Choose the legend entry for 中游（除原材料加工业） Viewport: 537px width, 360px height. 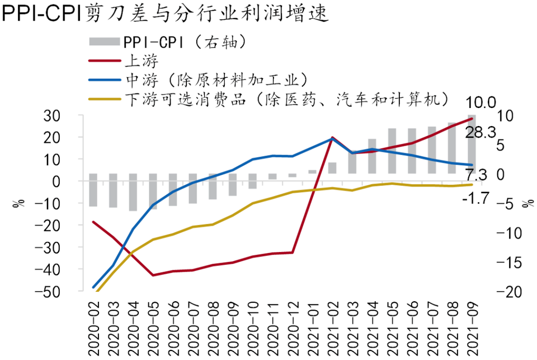click(215, 79)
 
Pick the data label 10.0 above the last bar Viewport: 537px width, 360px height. click(483, 103)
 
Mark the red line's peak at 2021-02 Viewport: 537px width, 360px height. click(332, 138)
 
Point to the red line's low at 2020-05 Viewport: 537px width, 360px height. click(153, 275)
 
